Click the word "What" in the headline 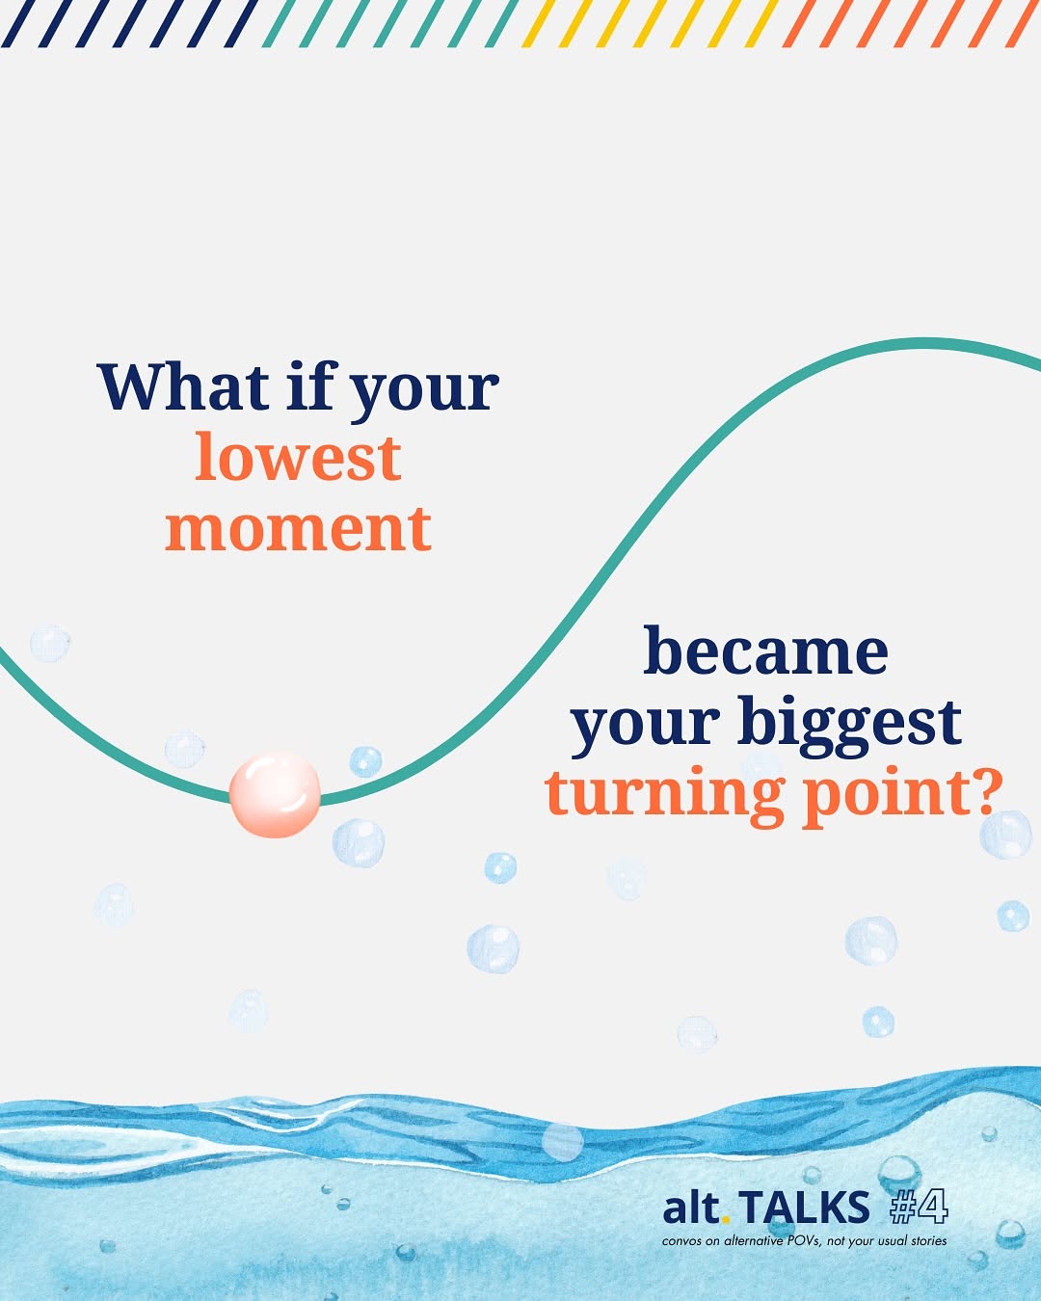point(183,386)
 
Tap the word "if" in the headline point(309,385)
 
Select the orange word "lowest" point(298,457)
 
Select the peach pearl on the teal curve point(275,794)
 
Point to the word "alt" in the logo point(690,1207)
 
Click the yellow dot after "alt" point(725,1219)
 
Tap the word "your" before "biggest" point(646,729)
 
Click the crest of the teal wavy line point(923,343)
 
